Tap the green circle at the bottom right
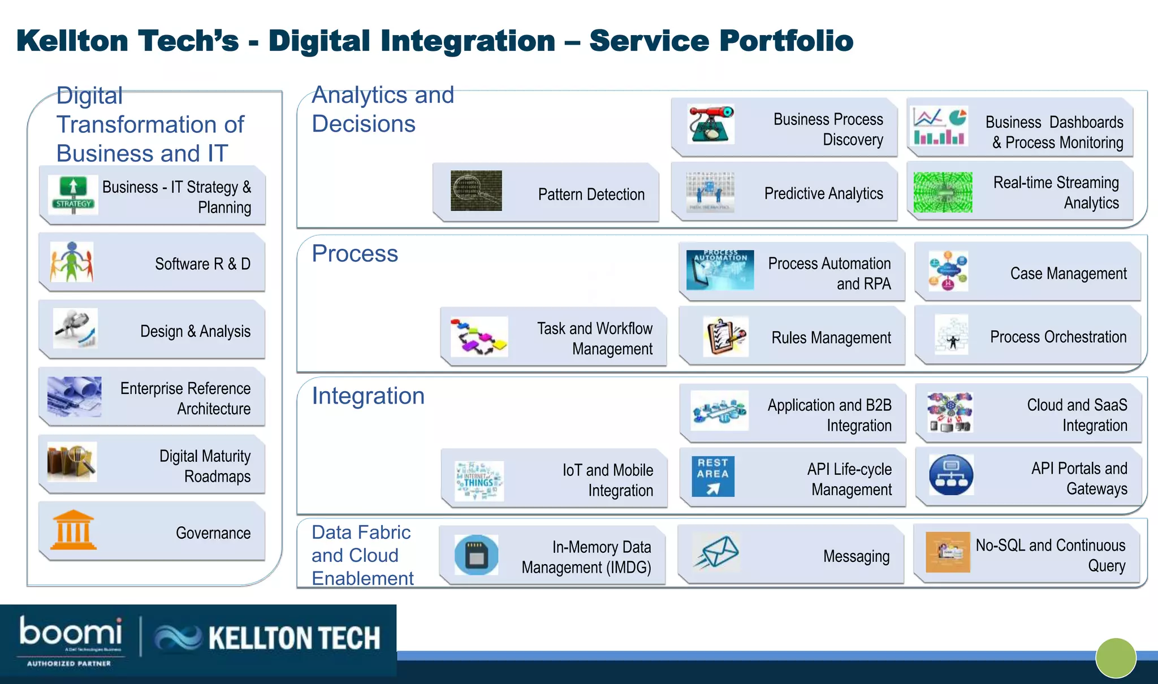tap(1116, 657)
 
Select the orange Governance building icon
tap(73, 530)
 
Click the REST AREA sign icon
tap(712, 476)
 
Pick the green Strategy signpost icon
tap(73, 194)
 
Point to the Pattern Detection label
tap(591, 194)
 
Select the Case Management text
tap(1068, 274)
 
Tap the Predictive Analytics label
tap(823, 193)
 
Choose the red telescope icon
tap(710, 124)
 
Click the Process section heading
tap(355, 253)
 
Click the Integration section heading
tap(368, 396)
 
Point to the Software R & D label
tap(202, 264)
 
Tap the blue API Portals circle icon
tap(951, 475)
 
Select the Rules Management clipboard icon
tap(725, 336)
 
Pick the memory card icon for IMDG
tap(476, 555)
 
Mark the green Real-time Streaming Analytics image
tap(943, 192)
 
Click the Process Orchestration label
tap(1058, 337)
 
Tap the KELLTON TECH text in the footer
tap(294, 638)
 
